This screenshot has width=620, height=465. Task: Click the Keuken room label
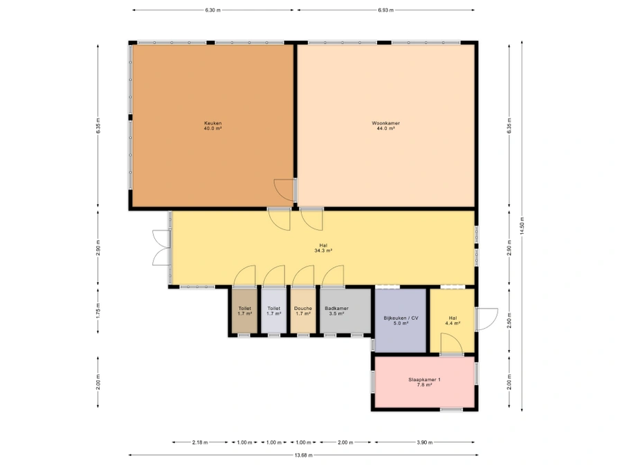212,123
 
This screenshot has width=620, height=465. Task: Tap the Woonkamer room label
385,123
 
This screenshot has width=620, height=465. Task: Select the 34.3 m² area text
323,250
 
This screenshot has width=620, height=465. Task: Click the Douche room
303,311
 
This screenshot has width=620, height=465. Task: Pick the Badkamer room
345,311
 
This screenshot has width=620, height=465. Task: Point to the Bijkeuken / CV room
401,320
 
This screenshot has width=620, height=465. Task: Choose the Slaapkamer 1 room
424,382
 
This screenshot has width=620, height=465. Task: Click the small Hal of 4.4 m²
453,320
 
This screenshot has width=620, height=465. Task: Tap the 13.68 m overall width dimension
303,455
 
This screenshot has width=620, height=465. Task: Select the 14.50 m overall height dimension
522,226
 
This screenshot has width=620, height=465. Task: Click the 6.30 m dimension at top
212,10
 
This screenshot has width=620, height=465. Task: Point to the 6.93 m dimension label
385,10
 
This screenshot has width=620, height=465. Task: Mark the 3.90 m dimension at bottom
424,442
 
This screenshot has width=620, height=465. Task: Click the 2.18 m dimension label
200,442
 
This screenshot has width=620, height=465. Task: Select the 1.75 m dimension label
98,311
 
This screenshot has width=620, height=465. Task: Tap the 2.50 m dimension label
509,320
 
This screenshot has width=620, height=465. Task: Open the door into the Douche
303,275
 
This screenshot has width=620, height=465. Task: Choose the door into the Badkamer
333,275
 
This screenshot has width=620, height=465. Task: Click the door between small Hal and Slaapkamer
452,344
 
